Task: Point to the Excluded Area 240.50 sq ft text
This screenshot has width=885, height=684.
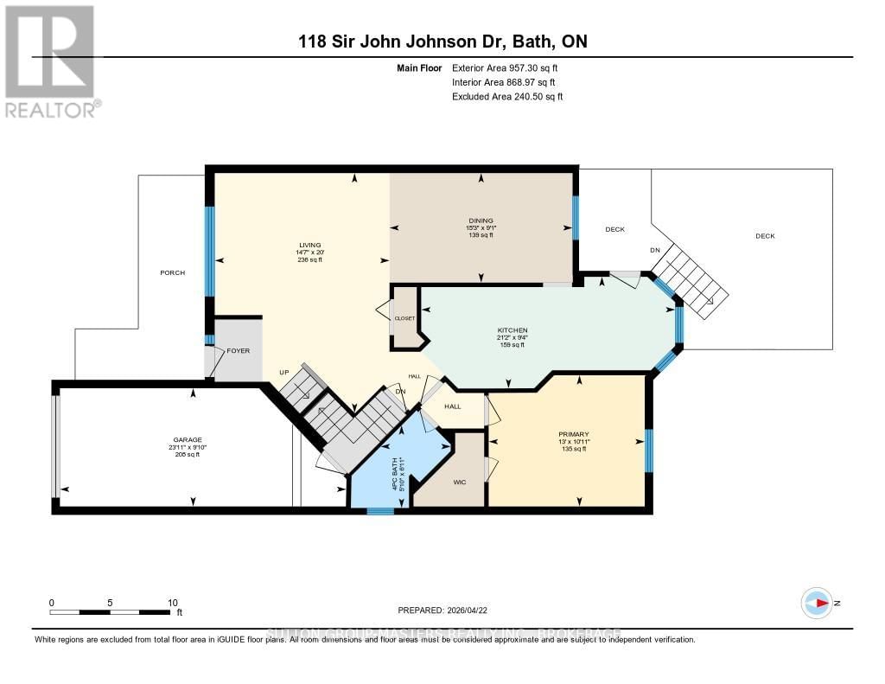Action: [x=507, y=97]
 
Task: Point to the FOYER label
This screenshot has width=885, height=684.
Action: [x=238, y=351]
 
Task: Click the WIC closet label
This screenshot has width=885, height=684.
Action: [x=460, y=482]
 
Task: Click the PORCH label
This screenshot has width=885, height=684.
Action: [x=172, y=272]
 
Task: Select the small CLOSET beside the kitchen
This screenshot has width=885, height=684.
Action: [x=404, y=318]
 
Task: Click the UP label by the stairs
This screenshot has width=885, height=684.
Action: [x=283, y=373]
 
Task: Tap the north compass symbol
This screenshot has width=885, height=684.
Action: [x=817, y=603]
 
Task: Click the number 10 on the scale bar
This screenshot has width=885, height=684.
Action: [x=172, y=603]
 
